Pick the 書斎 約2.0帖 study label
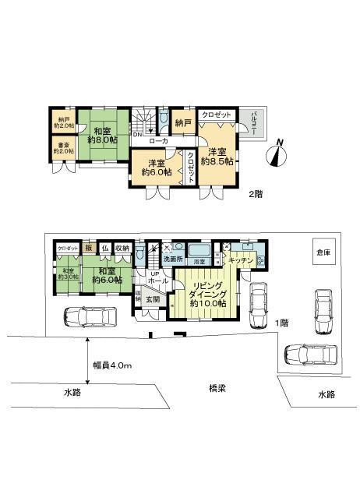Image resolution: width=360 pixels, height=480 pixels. tap(63, 147)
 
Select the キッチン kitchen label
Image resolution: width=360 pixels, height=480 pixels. tap(242, 260)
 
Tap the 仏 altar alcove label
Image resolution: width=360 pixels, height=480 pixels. tap(104, 249)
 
